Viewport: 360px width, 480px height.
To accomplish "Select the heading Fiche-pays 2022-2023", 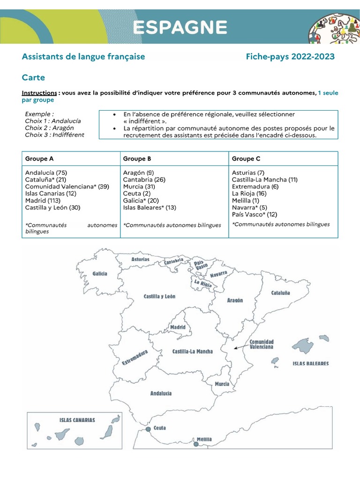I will [290, 57].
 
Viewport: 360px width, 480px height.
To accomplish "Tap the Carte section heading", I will [33, 77].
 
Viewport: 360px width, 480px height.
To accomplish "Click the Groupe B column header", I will [137, 159].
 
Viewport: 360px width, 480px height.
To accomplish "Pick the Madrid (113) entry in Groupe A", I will [42, 200].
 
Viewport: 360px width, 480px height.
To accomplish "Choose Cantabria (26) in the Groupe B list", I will [144, 180].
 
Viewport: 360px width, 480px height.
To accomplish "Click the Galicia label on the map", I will [100, 274].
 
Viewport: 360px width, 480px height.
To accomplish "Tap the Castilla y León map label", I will [159, 296].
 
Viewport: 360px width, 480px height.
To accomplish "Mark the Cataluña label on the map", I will [280, 293].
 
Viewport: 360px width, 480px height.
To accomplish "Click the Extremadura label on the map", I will [135, 357].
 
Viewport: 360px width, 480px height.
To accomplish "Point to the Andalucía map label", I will [161, 393].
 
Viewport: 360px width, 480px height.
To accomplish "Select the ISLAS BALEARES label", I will [310, 363].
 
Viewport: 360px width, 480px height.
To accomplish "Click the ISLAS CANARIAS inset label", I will [77, 420].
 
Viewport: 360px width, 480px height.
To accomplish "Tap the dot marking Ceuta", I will [148, 429].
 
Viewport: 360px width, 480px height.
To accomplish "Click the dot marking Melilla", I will [196, 443].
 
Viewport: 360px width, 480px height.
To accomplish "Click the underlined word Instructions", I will [39, 93].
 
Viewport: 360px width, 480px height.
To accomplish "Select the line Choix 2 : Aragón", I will [49, 128].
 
